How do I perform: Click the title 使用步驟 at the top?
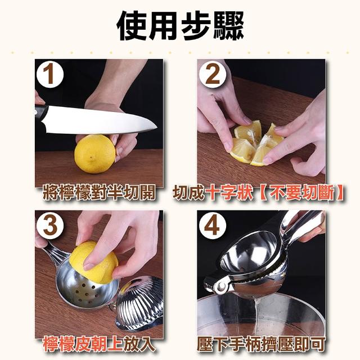click(x=180, y=25)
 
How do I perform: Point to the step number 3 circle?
click(x=50, y=225)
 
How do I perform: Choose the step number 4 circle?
click(x=213, y=225)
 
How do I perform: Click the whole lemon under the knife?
click(x=94, y=154)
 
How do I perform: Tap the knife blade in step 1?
click(x=101, y=120)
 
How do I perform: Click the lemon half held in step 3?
click(x=93, y=262)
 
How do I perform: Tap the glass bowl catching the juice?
click(x=260, y=318)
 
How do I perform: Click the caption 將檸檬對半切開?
click(x=99, y=192)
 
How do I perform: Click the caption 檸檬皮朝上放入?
click(x=99, y=345)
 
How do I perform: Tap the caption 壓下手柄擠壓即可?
click(x=261, y=345)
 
